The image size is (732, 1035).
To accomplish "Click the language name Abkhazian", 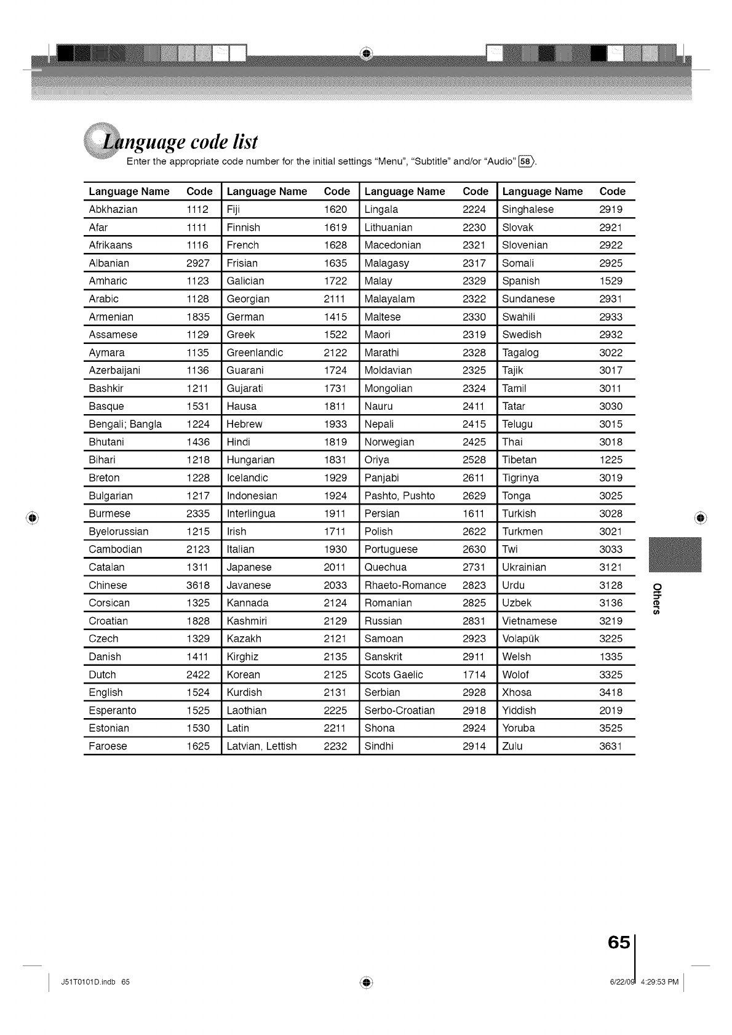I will (x=113, y=209).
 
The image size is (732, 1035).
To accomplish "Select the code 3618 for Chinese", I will (x=198, y=585).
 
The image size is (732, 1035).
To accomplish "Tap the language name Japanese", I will (x=249, y=567).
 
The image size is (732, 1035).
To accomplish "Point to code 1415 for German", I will (x=335, y=317).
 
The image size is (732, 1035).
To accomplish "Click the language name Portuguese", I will (x=391, y=549).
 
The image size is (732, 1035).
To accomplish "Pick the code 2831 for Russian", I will (x=474, y=621).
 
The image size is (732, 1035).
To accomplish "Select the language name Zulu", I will (x=512, y=746).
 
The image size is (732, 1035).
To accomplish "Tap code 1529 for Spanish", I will (x=611, y=281).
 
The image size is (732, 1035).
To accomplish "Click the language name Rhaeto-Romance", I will (x=405, y=585).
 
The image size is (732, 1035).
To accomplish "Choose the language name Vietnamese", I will (x=530, y=621).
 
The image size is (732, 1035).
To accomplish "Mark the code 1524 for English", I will (x=198, y=692).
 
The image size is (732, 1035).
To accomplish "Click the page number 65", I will (x=618, y=943).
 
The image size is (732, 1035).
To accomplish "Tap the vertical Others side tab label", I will (x=657, y=597).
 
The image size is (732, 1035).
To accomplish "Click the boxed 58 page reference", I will (x=527, y=162).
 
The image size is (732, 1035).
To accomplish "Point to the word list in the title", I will (x=241, y=142).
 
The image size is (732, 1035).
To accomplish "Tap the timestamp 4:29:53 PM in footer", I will (x=659, y=982).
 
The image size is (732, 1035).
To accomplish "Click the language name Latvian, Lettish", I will (x=262, y=746).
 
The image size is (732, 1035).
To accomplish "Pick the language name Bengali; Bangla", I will (x=125, y=424).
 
